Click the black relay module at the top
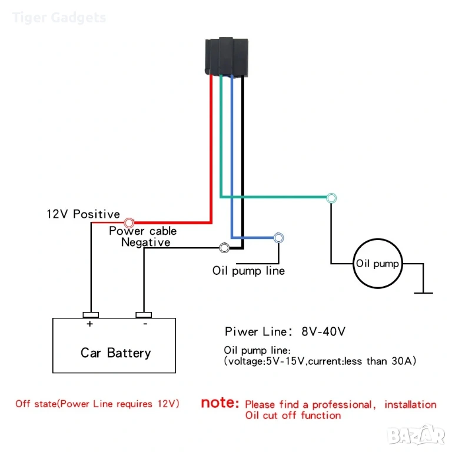(x=227, y=57)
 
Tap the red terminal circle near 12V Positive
(x=129, y=223)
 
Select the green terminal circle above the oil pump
(x=331, y=198)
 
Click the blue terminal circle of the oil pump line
(x=279, y=238)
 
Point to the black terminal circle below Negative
(x=224, y=248)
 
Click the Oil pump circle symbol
(x=377, y=264)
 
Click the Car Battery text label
(x=115, y=353)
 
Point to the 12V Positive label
(x=83, y=214)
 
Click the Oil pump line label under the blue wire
(x=248, y=271)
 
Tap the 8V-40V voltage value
(x=323, y=331)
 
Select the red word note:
(x=220, y=404)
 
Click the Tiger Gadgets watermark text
(x=59, y=18)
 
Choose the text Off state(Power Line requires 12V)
(x=98, y=404)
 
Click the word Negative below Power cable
(x=146, y=242)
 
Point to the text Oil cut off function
(x=293, y=416)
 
